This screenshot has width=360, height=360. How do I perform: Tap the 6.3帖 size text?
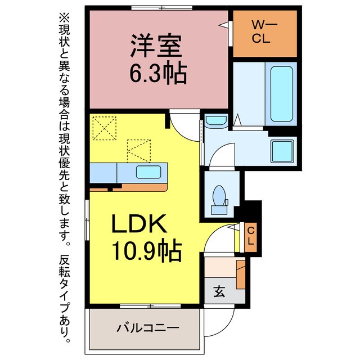tap(158, 73)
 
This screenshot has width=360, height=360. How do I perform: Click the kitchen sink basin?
tap(148, 172)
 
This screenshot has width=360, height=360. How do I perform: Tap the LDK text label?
tap(139, 226)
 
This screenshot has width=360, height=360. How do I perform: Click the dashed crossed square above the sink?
tap(139, 150)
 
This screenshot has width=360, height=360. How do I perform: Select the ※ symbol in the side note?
tap(63, 17)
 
